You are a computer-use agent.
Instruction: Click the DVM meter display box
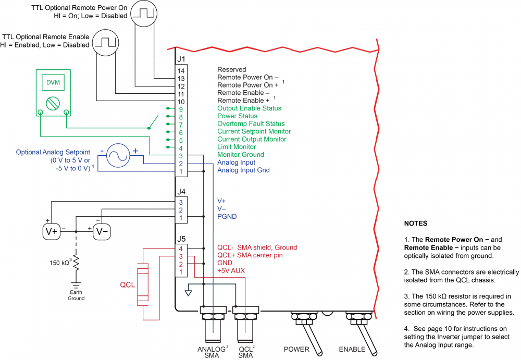pos(53,83)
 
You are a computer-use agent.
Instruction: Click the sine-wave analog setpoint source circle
pos(119,156)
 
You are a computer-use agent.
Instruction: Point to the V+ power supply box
pos(52,231)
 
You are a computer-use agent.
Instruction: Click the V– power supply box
pos(102,231)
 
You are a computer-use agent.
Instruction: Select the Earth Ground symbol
pos(76,286)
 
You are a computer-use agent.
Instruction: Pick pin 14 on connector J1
pos(181,70)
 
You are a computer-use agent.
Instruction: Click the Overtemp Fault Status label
pos(251,124)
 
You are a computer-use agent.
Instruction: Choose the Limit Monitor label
pos(237,147)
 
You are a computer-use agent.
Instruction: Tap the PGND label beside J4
pos(226,216)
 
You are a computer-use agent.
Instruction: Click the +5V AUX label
pos(231,271)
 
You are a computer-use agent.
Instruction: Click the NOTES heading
pos(415,223)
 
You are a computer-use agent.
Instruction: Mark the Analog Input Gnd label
pos(243,170)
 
